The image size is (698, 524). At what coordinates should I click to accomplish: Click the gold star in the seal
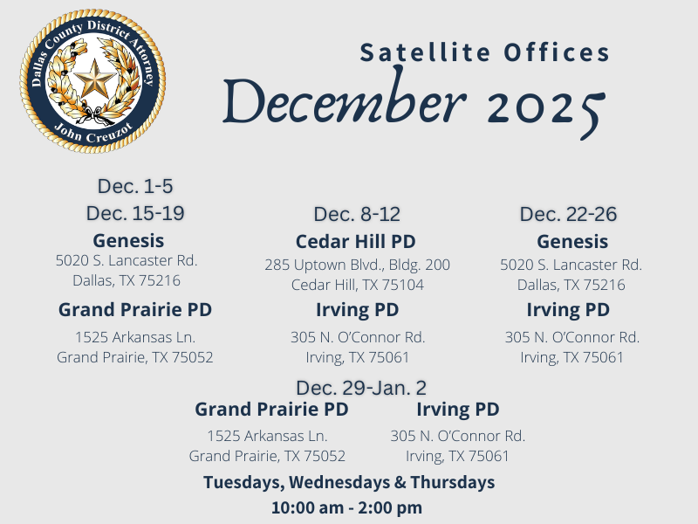(x=93, y=80)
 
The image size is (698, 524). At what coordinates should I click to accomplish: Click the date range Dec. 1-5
(x=135, y=186)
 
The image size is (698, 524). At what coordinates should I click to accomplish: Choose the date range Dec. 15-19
(x=135, y=213)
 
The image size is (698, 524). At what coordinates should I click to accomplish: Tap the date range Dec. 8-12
(x=357, y=214)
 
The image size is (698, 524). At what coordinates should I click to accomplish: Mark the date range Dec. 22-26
(x=568, y=214)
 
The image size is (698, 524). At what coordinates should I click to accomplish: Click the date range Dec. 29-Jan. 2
(x=361, y=387)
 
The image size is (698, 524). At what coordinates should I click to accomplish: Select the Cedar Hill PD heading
(x=356, y=241)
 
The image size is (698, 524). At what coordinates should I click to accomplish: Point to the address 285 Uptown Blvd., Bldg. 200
(x=358, y=265)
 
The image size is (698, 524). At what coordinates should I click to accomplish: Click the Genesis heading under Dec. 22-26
(x=572, y=241)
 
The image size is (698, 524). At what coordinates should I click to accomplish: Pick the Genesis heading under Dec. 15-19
(x=128, y=240)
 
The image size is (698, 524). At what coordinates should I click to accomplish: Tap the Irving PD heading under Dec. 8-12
(x=357, y=309)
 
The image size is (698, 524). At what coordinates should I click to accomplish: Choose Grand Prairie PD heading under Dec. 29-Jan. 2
(x=271, y=409)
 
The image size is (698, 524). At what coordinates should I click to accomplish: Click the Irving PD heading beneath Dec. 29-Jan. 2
(x=458, y=409)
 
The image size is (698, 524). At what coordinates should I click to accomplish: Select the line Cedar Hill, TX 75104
(x=358, y=285)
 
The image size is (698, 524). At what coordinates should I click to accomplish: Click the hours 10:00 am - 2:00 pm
(x=346, y=507)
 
